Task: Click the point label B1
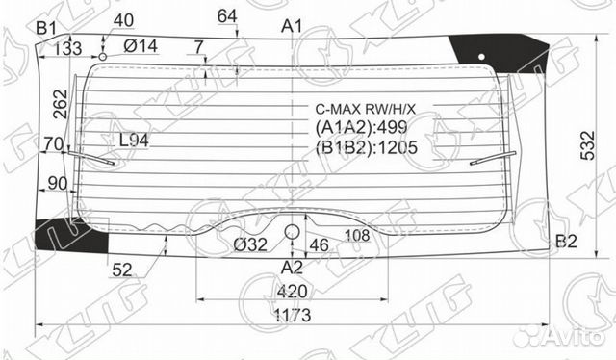46,27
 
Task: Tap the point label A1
293,26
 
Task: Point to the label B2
566,241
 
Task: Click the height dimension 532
586,145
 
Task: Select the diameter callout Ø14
141,47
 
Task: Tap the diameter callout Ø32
249,244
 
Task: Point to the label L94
133,141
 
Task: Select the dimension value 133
67,49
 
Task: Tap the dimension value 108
358,235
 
